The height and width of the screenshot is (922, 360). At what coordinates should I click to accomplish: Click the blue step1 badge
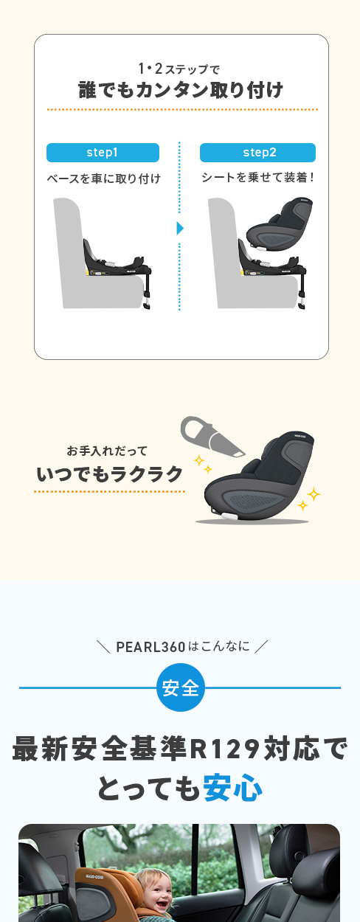(103, 153)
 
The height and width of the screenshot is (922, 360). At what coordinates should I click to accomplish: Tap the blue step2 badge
(257, 153)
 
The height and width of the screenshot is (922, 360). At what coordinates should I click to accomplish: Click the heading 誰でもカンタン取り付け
(181, 91)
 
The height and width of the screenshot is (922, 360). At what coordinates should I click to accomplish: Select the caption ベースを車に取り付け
(103, 179)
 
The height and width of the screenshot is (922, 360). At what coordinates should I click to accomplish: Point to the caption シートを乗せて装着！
(258, 178)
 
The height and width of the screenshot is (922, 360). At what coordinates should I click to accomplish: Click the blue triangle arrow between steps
(179, 228)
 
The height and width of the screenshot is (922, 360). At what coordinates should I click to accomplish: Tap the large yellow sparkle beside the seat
(314, 494)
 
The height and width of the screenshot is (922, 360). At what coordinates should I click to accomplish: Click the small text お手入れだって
(107, 451)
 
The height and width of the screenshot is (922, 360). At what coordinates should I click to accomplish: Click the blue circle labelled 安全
(181, 688)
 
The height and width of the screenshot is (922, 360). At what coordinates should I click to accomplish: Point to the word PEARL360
(150, 648)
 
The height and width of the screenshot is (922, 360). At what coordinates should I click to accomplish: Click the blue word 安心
(232, 788)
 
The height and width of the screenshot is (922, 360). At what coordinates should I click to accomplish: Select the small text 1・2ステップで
(181, 70)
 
